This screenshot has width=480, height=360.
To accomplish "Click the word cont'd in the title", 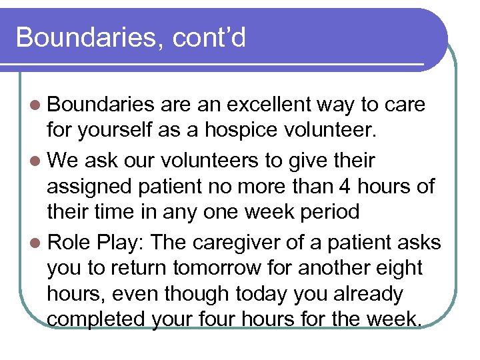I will tap(209, 37).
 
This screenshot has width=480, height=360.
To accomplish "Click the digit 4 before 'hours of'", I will tap(361, 187).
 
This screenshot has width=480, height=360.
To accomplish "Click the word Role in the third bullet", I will tap(69, 241).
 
